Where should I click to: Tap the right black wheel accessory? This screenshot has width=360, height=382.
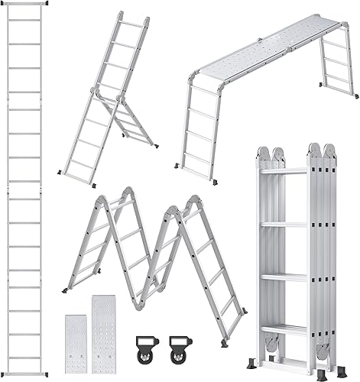coord(177,342)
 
